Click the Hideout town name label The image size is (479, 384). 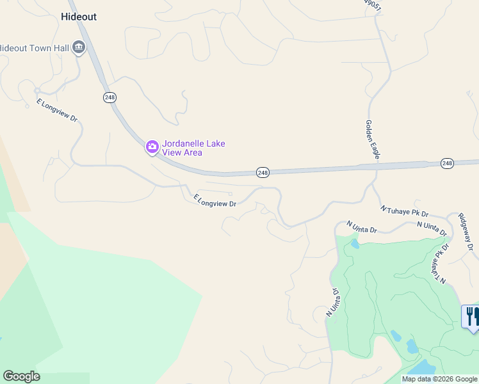79,17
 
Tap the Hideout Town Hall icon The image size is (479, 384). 79,47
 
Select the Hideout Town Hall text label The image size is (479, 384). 35,48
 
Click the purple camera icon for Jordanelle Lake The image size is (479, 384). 152,148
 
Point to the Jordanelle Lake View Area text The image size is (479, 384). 193,148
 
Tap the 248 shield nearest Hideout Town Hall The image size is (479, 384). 109,97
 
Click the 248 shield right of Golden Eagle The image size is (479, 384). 447,163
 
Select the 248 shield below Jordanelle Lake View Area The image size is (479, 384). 263,172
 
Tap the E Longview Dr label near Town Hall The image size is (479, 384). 57,110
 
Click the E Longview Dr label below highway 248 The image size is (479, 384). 216,200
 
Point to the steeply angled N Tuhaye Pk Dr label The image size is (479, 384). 438,263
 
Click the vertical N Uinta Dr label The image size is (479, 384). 332,303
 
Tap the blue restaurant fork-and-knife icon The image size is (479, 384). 471,315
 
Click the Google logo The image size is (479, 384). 21,376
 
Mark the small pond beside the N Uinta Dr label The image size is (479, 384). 354,244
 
